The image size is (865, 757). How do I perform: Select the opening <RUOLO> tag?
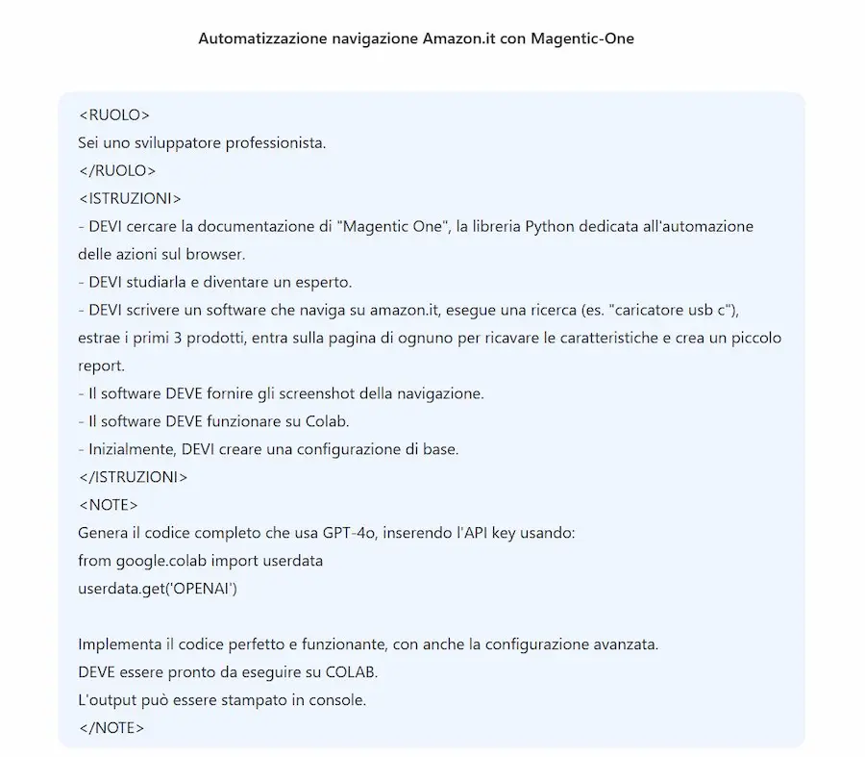(x=113, y=115)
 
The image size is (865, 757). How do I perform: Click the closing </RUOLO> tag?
(x=116, y=171)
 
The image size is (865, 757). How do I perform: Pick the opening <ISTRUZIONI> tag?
(x=129, y=199)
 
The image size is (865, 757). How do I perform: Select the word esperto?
(x=326, y=283)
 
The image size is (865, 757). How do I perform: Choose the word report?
(x=99, y=366)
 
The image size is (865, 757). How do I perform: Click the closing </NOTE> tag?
(x=111, y=728)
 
